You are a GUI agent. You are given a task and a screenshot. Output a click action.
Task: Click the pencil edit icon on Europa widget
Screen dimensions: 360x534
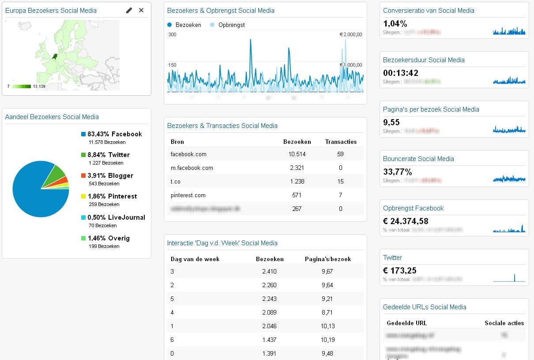(129, 10)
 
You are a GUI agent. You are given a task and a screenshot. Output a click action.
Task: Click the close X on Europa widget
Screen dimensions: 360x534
(141, 10)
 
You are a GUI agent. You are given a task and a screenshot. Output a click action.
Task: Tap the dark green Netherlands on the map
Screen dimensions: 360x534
(55, 56)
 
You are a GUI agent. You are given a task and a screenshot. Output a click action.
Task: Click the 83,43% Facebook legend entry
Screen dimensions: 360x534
(111, 134)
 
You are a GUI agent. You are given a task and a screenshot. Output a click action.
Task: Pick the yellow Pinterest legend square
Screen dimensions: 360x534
(83, 196)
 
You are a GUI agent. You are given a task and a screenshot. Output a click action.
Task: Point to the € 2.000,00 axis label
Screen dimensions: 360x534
(351, 34)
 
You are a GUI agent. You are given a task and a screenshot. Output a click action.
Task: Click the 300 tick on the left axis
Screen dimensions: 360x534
(172, 34)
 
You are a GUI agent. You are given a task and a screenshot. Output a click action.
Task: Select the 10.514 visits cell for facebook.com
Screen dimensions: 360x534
(297, 154)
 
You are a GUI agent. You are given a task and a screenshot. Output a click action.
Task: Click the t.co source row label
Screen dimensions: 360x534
(176, 181)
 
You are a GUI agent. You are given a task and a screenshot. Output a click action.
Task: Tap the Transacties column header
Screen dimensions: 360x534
(341, 142)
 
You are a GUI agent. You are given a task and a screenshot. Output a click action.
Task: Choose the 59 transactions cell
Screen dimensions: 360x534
(340, 154)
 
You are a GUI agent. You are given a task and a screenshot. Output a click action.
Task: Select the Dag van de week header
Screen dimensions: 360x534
(195, 259)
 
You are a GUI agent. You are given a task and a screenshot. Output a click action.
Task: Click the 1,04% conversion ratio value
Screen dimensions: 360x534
(395, 24)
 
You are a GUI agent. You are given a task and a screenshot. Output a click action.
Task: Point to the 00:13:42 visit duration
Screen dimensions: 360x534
(401, 73)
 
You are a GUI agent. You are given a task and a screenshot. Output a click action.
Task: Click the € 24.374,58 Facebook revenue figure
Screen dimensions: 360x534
(406, 221)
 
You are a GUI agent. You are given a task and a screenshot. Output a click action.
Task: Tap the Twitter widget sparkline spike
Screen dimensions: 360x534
(515, 278)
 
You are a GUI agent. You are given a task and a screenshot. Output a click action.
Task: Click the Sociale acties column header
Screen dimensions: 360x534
(504, 323)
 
